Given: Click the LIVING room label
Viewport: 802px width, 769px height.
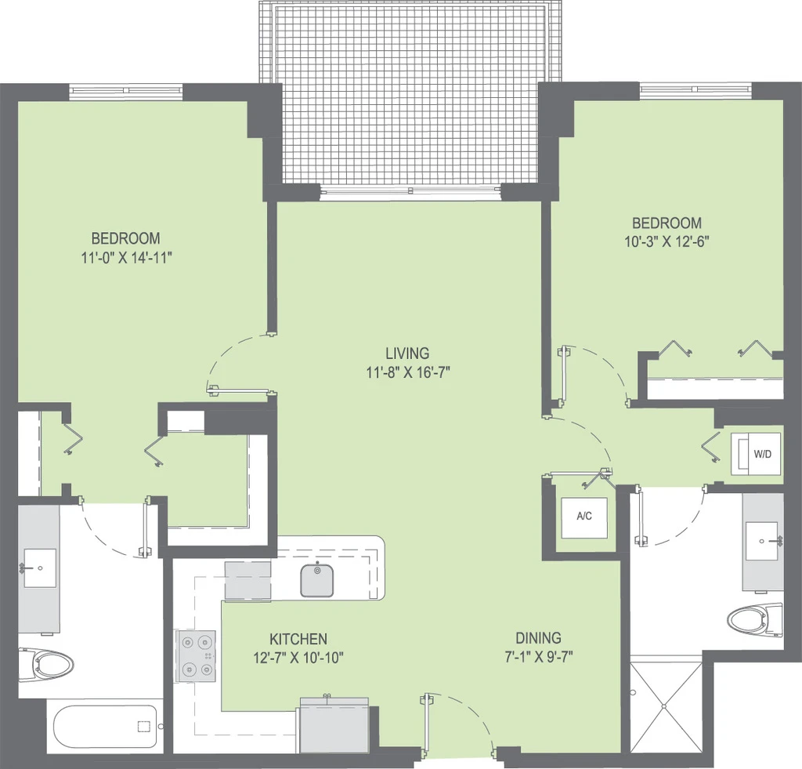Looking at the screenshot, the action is point(407,354).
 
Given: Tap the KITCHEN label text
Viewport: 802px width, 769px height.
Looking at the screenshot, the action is point(298,639).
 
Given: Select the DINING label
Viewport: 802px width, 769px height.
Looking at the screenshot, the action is point(538,638).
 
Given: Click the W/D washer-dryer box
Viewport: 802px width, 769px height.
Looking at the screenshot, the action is point(756,454).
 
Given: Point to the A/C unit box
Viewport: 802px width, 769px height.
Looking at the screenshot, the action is point(584,517).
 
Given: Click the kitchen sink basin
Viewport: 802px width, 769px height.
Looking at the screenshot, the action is point(317,580).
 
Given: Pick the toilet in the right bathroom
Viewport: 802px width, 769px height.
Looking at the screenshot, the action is point(755,619).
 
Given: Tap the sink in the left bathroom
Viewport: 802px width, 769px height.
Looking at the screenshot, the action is point(39,568).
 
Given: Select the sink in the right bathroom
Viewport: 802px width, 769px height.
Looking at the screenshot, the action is point(762,541).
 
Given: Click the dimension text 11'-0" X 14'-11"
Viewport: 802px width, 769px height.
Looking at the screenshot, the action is point(126,257).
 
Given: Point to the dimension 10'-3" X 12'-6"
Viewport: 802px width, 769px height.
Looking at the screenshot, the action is point(667,241).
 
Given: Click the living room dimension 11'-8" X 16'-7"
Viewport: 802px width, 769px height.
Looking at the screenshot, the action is point(407,372).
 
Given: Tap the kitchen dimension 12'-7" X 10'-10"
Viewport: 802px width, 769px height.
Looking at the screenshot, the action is point(298,658).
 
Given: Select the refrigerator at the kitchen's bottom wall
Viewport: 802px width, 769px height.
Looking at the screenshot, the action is point(334,724).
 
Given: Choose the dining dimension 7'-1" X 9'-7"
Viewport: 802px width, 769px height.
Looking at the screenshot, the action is point(539,656).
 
